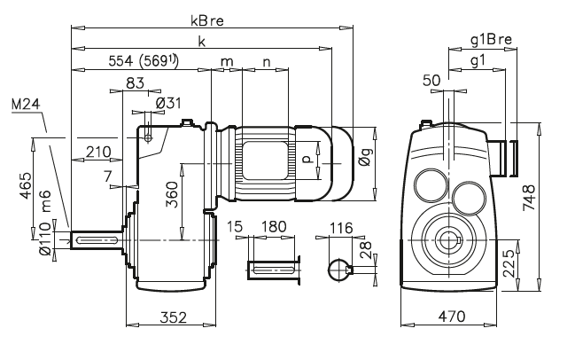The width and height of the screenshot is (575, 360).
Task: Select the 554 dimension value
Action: [x=126, y=61]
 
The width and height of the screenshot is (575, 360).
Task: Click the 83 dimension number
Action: [x=135, y=82]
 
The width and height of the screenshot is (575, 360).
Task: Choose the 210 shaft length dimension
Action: [x=98, y=152]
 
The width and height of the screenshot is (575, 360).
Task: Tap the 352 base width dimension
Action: [x=172, y=316]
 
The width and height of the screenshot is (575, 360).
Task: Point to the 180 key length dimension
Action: [x=276, y=228]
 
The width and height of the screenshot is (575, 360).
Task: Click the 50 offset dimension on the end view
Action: [x=431, y=81]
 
